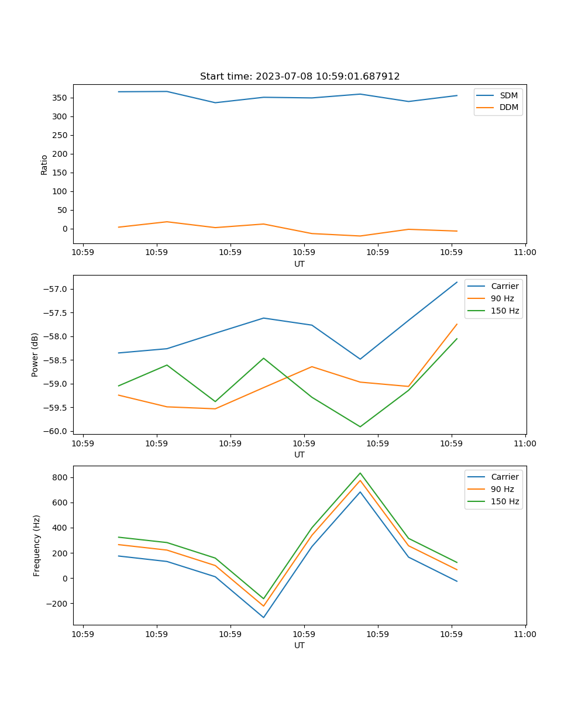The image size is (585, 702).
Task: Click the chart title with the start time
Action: click(300, 77)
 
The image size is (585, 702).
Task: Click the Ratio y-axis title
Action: click(44, 165)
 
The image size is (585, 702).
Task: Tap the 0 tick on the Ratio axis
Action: click(64, 229)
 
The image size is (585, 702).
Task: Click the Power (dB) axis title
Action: click(35, 355)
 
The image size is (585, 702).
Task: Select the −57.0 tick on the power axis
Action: click(57, 289)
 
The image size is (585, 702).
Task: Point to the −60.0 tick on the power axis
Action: click(57, 431)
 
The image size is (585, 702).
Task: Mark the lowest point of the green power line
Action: click(360, 426)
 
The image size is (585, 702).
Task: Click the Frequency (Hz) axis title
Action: click(37, 545)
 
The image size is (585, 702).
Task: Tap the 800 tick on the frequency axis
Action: click(61, 477)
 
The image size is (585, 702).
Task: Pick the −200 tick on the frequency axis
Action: click(57, 604)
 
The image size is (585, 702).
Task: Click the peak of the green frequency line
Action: click(360, 473)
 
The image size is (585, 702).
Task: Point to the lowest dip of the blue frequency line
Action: click(263, 617)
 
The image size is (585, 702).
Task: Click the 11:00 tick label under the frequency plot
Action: click(525, 634)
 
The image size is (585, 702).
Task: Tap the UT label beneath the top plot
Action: click(300, 264)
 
